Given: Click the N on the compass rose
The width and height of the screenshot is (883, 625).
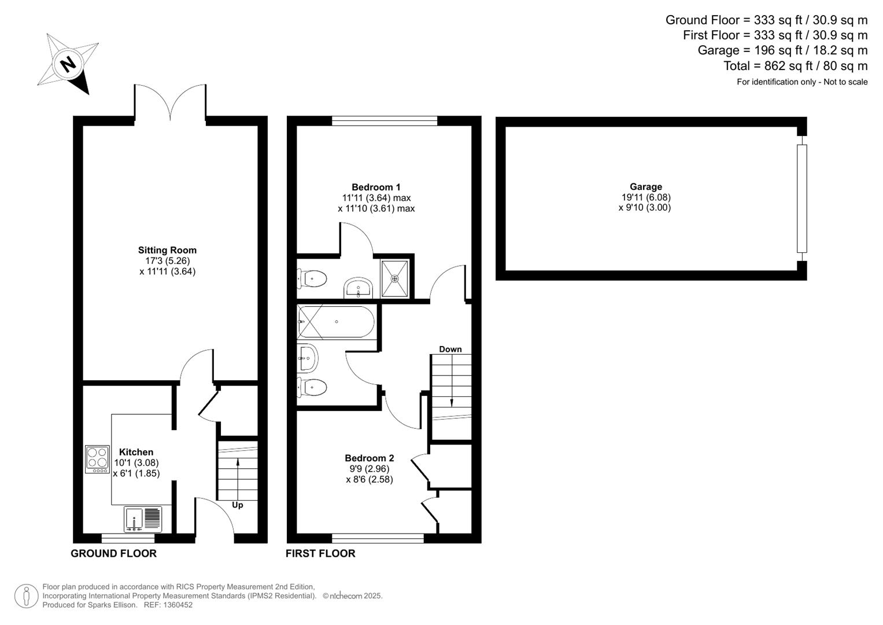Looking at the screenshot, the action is tap(69, 64).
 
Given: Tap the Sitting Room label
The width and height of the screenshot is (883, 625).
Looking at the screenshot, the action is tap(167, 250).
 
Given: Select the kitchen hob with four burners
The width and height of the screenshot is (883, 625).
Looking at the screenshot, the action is tap(97, 459).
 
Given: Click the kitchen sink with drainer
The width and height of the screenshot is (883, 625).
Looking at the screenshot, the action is tap(143, 519).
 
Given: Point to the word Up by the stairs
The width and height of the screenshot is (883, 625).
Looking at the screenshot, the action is tap(237, 505).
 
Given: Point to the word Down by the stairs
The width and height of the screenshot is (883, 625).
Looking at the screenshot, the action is tap(450, 349).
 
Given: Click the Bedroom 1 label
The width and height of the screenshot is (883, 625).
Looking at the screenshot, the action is tap(376, 187).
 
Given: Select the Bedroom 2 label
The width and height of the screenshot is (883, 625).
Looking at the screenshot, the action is tap(370, 458).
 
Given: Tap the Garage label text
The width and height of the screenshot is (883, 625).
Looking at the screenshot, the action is tap(646, 186).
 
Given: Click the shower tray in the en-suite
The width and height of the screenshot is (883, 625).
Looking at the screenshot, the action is tap(394, 278).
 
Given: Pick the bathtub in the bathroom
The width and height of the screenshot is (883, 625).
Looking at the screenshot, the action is tap(336, 322).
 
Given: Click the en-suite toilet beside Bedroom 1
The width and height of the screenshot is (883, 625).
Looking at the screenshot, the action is tap(312, 278).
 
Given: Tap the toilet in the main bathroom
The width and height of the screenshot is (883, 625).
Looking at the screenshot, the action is tap(312, 387).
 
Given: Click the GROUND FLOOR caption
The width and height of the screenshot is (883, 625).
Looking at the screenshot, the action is tap(113, 554).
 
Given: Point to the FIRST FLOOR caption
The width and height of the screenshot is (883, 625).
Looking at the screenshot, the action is tap(320, 554).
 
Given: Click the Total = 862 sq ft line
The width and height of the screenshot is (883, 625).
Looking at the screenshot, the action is tap(796, 66).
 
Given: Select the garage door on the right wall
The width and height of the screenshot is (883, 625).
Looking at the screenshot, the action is tap(802, 198).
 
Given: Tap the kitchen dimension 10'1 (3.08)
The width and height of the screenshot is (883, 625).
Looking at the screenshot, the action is tap(136, 463).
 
